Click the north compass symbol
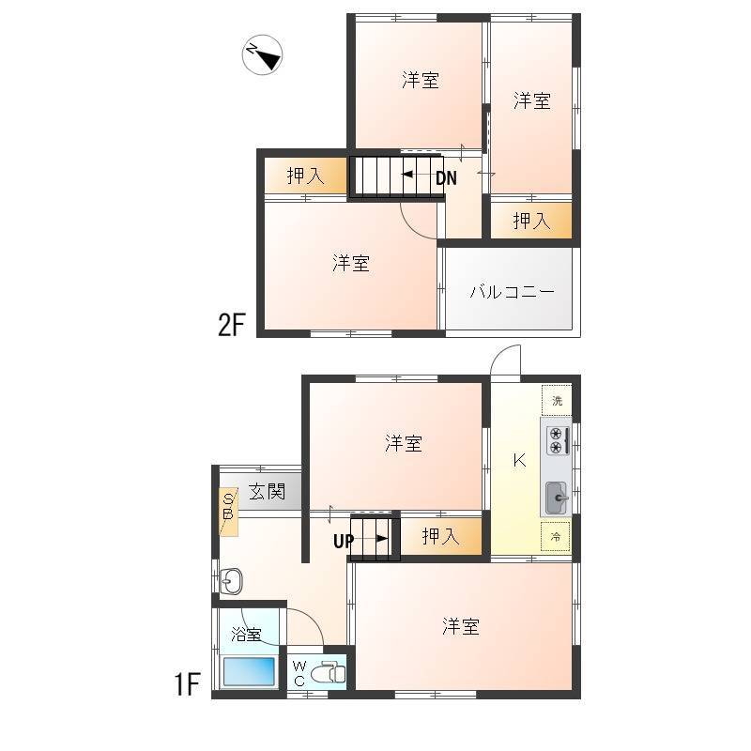262,54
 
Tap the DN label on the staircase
446,178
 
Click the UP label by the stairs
344,542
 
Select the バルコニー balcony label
512,291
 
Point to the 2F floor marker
231,324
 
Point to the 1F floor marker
187,684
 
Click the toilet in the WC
328,672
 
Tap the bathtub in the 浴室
249,671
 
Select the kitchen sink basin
556,498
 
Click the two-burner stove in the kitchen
557,440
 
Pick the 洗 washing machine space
557,400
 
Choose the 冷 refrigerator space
556,537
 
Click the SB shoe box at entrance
228,512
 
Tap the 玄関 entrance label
267,491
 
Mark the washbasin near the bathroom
231,581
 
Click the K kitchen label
519,461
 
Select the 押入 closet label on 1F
440,536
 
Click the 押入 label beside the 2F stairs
306,176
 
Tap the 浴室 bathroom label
246,635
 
